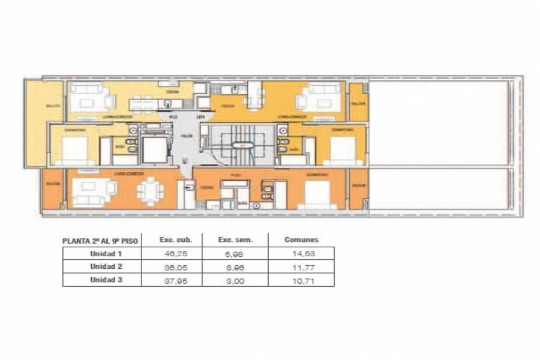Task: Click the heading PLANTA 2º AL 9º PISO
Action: pyautogui.click(x=101, y=240)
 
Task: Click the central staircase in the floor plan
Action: pyautogui.click(x=244, y=144)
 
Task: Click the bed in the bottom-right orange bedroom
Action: pyautogui.click(x=316, y=193)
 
